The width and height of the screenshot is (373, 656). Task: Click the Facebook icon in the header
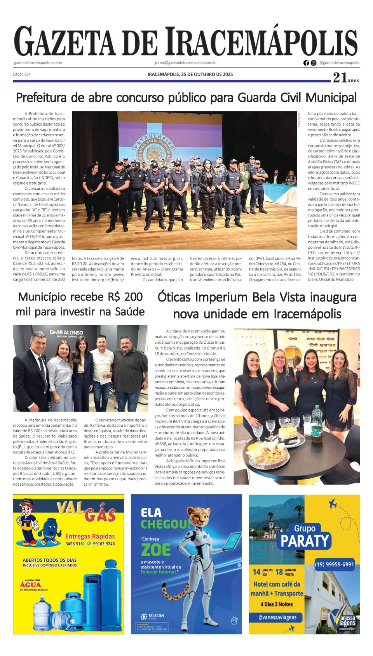pos(306,63)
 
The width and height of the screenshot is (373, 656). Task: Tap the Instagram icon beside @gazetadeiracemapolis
pos(314,63)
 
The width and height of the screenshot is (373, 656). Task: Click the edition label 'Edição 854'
pos(22,74)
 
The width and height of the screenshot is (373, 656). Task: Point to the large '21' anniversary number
pos(340,78)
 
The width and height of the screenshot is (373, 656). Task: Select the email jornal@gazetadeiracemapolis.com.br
pos(186,63)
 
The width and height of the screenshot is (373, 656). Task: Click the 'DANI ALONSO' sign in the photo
pos(66,332)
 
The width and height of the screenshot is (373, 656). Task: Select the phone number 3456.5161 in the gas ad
pos(75,543)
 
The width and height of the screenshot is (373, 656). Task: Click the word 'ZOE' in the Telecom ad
pos(156,550)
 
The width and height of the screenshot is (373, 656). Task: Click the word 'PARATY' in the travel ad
pos(305,541)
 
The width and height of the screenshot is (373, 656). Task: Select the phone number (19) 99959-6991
pos(335,564)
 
